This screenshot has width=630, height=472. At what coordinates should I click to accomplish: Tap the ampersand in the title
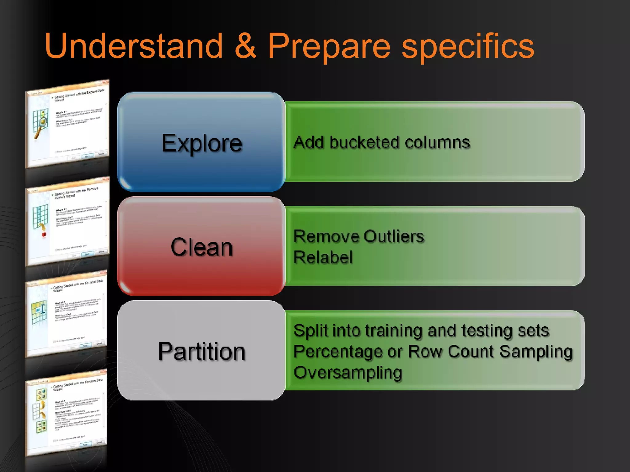(x=245, y=46)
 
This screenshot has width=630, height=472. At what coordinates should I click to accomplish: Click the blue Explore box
(x=201, y=142)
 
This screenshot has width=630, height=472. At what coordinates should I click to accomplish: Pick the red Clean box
(x=201, y=247)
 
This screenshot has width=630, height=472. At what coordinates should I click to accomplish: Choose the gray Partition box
(x=201, y=351)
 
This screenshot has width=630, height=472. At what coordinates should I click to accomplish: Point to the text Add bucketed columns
(x=381, y=143)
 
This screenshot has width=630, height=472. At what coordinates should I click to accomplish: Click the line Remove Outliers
(x=359, y=237)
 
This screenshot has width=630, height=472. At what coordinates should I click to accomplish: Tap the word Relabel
(x=323, y=258)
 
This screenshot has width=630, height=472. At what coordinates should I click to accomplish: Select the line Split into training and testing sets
(x=421, y=331)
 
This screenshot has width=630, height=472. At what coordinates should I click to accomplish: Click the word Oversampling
(x=348, y=373)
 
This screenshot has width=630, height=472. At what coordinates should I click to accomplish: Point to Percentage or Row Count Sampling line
(x=433, y=352)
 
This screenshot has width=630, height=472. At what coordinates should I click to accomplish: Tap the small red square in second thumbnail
(x=44, y=234)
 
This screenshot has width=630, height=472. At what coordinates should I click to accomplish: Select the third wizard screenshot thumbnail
(x=66, y=315)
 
